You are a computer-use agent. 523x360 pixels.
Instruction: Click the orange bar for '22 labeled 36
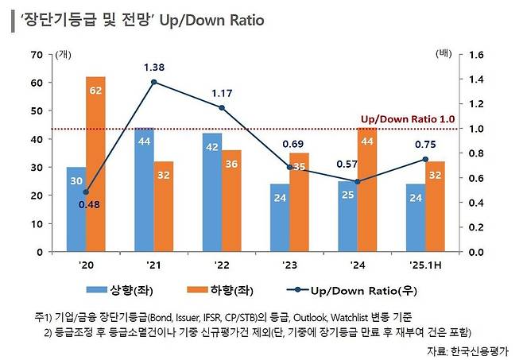[231, 200]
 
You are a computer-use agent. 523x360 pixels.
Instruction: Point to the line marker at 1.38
[153, 82]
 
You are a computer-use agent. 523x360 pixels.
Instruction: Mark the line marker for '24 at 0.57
[357, 181]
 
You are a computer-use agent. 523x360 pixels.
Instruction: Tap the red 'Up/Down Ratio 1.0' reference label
[407, 118]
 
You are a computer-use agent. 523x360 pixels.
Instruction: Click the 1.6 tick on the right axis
[477, 54]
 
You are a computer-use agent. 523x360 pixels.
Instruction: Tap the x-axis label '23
[289, 265]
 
